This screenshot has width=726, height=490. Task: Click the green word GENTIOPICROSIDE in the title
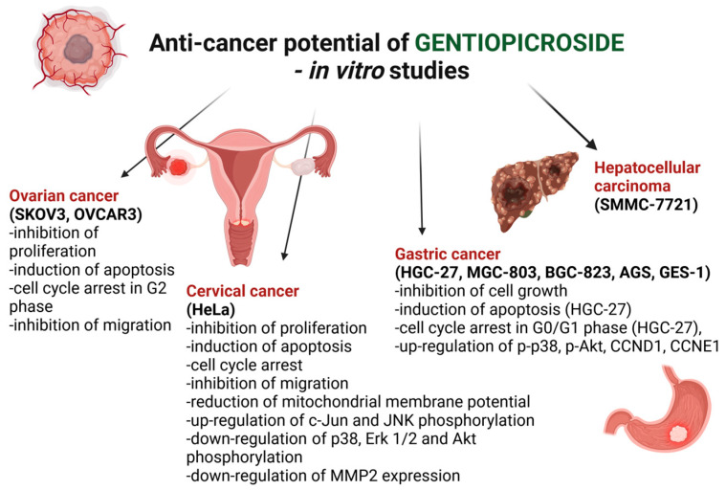click(519, 43)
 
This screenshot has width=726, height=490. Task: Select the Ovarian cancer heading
click(64, 196)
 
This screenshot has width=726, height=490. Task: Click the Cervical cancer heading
click(243, 291)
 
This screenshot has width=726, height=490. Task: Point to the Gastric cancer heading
click(448, 254)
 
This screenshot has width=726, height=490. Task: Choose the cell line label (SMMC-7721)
click(647, 204)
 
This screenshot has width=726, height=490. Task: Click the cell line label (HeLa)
click(210, 309)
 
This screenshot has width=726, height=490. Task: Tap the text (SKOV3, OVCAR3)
click(76, 214)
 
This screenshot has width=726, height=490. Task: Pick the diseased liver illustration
click(535, 190)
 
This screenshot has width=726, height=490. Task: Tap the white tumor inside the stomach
click(679, 434)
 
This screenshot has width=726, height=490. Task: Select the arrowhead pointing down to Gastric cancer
click(421, 231)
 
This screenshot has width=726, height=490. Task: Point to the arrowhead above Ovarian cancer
click(125, 174)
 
